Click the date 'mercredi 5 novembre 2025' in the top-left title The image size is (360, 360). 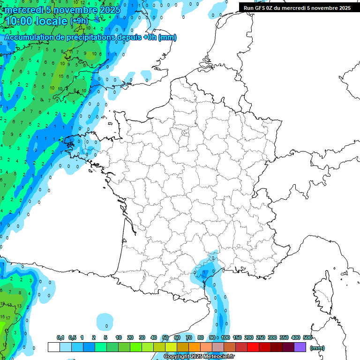pos(63,10)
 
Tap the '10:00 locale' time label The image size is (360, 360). pos(37,21)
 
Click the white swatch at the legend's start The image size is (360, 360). pos(54,347)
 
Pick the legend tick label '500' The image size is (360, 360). pos(307,337)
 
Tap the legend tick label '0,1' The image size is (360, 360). pos(60,337)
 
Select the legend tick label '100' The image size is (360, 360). pos(225,337)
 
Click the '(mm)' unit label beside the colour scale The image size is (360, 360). pos(317,348)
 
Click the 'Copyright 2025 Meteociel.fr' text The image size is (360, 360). pos(199,357)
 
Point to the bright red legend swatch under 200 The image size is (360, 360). pos(253,347)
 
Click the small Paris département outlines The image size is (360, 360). pos(185,135)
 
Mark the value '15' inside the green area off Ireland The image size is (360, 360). pos(61,76)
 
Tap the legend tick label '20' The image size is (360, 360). pos(130,337)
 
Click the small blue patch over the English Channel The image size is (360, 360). pos(146,75)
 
